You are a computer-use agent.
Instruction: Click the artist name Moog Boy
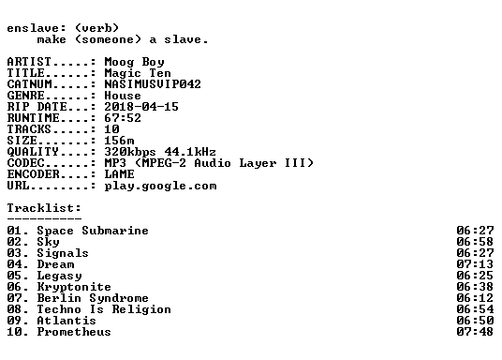pos(135,62)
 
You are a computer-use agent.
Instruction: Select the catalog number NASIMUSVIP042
pos(153,84)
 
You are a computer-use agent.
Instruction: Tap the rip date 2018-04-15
pos(141,107)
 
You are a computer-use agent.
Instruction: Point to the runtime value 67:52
pos(123,118)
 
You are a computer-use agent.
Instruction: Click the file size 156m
pos(120,141)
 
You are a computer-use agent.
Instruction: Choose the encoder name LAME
pos(120,174)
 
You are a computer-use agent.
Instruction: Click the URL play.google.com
pos(161,187)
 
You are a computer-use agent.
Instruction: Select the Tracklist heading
pos(44,208)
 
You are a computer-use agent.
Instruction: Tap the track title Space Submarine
pos(93,231)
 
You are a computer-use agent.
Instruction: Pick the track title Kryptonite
pos(74,287)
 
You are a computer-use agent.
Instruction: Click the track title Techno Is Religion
pos(104,309)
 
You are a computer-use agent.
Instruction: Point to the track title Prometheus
pos(74,332)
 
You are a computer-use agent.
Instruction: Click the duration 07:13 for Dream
pos(475,264)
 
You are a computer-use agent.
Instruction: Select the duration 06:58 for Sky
pos(475,242)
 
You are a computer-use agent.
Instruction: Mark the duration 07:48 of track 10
pos(475,332)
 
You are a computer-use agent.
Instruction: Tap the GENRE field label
pos(26,96)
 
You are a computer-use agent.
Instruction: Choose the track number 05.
pos(14,276)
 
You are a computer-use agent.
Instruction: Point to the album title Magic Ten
pos(138,73)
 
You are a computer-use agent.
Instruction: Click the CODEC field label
pos(26,163)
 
